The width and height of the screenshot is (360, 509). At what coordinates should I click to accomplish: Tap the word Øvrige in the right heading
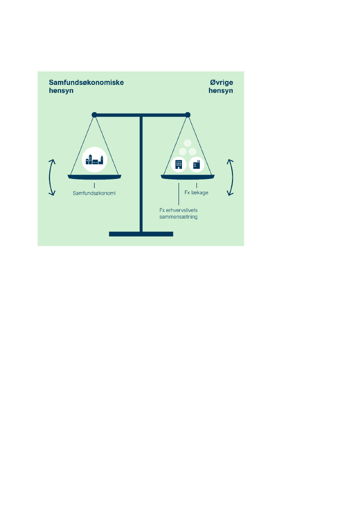pos(221,82)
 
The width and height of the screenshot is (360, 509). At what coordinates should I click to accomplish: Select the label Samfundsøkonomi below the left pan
pos(94,192)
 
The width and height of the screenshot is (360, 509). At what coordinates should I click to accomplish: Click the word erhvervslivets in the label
pos(183,210)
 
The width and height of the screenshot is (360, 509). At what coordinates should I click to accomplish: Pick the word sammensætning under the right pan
pos(178,216)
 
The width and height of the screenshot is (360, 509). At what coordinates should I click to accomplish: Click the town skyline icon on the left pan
pos(94,160)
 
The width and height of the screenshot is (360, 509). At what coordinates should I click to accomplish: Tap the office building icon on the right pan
pos(178,165)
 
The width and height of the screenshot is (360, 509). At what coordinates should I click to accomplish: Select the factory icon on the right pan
pos(196,165)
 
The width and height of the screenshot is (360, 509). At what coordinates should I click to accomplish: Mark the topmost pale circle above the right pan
pos(188,143)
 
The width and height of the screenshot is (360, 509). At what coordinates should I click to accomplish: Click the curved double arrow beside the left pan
pos(52,177)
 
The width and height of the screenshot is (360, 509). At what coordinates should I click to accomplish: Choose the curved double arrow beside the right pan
pos(230,177)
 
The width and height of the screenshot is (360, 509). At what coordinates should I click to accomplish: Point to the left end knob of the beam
pos(94,115)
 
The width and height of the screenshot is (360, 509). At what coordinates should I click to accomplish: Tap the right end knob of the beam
pos(188,115)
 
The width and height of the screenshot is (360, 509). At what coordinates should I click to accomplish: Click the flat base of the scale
pos(141,234)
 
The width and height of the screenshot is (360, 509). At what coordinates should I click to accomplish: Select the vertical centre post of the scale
pos(141,174)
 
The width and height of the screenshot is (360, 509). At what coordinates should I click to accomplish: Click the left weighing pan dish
pos(94,176)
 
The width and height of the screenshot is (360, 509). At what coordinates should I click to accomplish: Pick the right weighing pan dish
pos(188,176)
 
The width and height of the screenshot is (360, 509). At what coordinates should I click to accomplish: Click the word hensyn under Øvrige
pos(221,91)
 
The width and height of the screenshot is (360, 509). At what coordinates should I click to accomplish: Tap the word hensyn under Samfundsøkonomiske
pos(61,91)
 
